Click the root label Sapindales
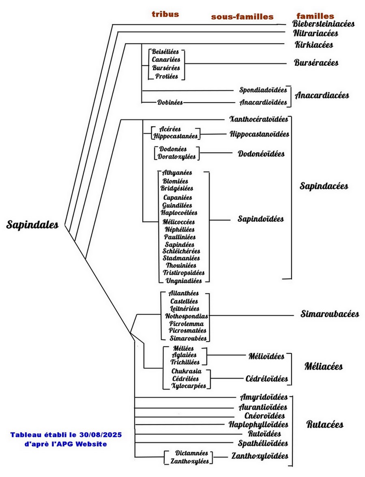[x=32, y=225]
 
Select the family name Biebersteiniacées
[x=324, y=24]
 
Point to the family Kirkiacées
[x=314, y=45]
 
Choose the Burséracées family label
[x=316, y=63]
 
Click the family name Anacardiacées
[x=322, y=96]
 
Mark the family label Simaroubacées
[x=330, y=314]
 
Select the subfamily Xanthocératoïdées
[x=258, y=119]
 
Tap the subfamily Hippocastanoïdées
[x=260, y=134]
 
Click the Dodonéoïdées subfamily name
[x=261, y=154]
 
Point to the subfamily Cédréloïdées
[x=267, y=379]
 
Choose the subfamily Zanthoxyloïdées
[x=260, y=456]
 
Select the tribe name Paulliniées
[x=180, y=237]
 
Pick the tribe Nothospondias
[x=187, y=316]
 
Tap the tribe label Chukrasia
[x=185, y=371]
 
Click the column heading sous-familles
[x=242, y=17]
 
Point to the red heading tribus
[x=165, y=14]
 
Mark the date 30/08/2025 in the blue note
[x=101, y=435]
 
